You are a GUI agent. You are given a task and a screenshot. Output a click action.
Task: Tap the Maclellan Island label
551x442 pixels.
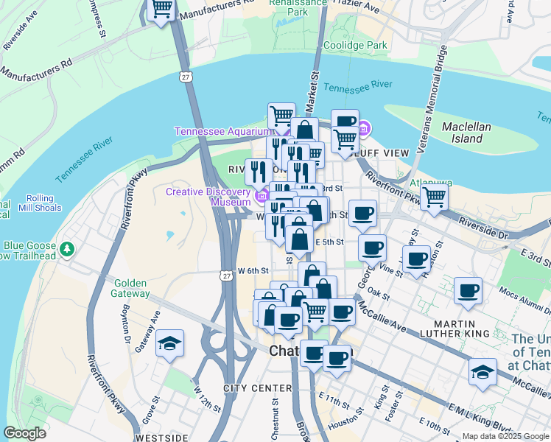(466, 133)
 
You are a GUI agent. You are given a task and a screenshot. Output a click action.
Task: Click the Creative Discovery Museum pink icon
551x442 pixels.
(262, 196)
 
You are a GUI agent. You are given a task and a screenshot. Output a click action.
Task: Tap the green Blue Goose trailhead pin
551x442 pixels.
(68, 248)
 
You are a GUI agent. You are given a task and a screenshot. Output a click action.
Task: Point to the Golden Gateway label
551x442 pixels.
(131, 288)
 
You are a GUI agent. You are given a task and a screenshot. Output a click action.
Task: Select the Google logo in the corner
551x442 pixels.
(25, 433)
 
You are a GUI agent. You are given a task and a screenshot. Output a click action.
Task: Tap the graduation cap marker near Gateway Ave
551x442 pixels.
(170, 343)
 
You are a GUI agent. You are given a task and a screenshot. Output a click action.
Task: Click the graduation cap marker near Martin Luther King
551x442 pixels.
(482, 371)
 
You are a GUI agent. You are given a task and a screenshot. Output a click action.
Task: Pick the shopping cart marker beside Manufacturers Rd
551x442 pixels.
(161, 10)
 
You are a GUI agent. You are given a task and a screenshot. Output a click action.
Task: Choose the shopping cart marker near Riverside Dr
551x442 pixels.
(435, 197)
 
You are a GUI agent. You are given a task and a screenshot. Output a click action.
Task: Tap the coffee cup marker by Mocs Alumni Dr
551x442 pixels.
(468, 290)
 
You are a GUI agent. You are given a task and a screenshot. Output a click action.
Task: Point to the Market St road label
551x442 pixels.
(315, 86)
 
